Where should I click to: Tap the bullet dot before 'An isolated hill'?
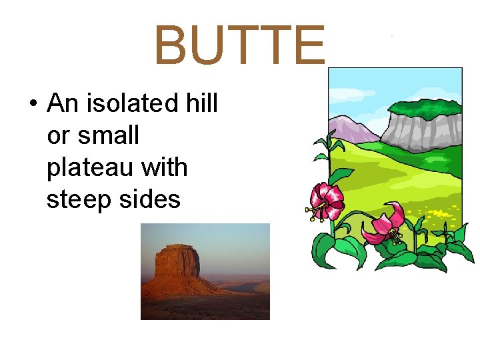pyautogui.click(x=32, y=105)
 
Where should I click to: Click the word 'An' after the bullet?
pyautogui.click(x=63, y=104)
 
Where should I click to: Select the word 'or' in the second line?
pyautogui.click(x=58, y=137)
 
